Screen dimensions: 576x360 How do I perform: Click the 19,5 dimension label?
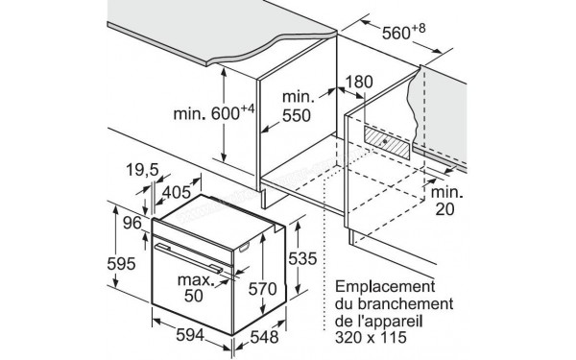142,171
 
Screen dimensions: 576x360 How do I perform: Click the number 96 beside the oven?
132,223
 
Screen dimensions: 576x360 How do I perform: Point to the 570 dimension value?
259,289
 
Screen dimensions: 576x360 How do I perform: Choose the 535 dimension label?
304,258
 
